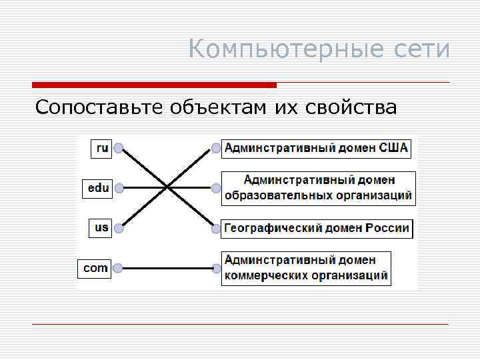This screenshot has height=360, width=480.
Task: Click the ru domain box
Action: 101,147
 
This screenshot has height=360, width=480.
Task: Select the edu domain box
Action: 98,188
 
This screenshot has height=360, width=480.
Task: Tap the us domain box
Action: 101,228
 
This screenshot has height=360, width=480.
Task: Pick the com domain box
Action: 95,268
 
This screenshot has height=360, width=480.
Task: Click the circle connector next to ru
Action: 119,148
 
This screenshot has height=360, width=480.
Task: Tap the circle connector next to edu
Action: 119,189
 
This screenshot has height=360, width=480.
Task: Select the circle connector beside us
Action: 119,229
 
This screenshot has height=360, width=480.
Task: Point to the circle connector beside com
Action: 119,269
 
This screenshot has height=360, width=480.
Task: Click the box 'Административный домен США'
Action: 316,147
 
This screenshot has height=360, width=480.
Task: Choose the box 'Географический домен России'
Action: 317,228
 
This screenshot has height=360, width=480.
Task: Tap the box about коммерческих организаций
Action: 306,268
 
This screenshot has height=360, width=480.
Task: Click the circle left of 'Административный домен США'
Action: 215,148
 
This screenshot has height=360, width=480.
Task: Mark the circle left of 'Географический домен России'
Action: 215,229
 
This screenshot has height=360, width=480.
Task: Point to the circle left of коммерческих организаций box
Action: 215,269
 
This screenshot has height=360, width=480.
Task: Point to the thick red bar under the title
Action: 154,85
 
